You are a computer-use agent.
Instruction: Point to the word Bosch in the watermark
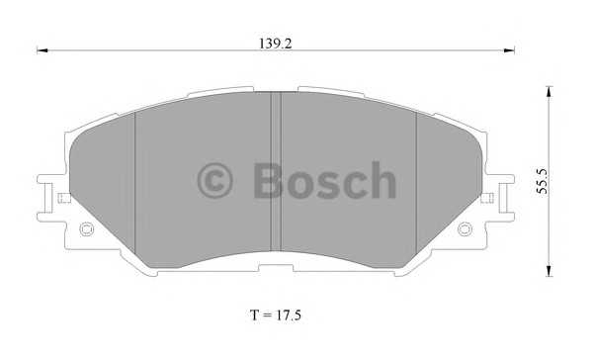[x=322, y=182]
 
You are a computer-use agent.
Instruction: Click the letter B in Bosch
[x=267, y=182]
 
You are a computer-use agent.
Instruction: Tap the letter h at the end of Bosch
[x=381, y=182]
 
